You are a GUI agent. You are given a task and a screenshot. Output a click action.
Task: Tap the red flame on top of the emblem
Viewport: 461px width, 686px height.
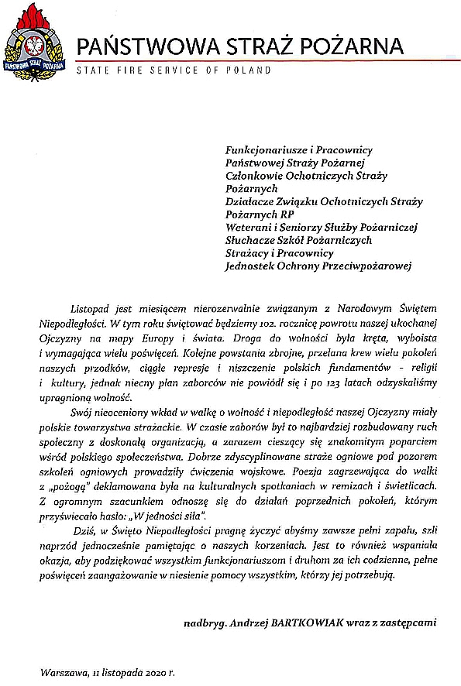(33, 15)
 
